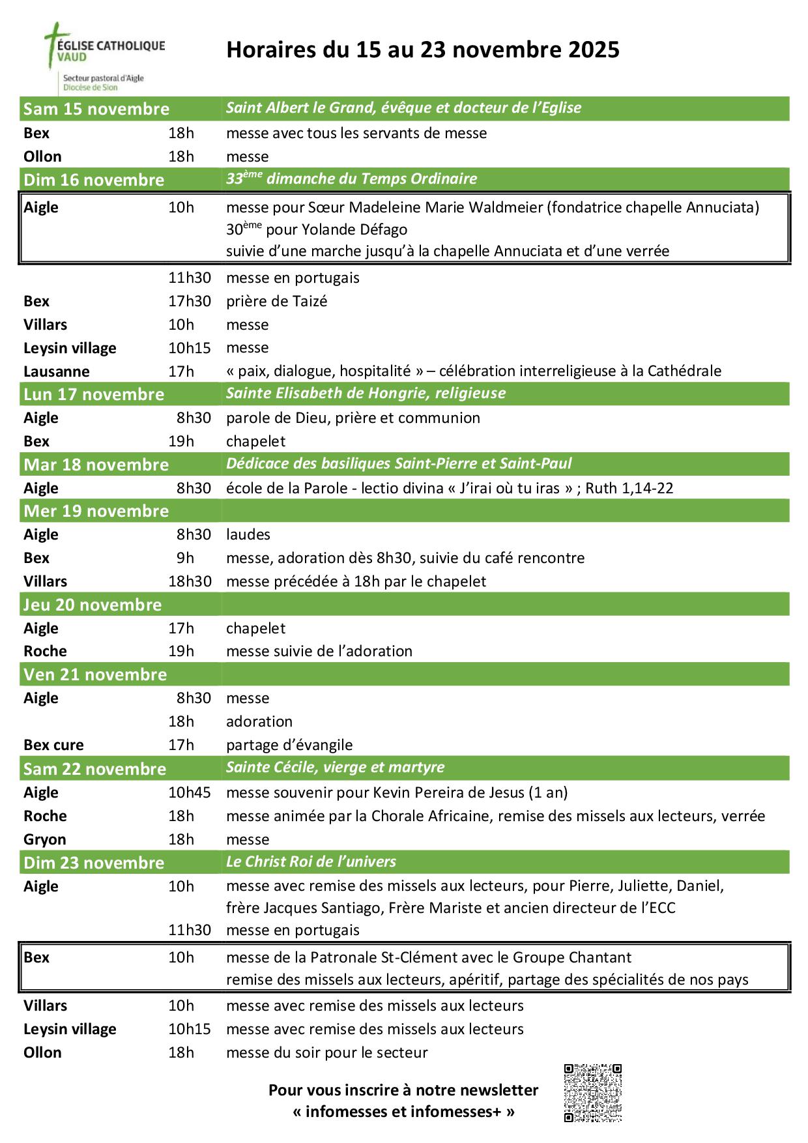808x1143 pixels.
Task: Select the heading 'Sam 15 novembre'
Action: (96, 109)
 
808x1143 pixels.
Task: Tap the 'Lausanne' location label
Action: (57, 371)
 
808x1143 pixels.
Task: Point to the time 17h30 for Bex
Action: (190, 301)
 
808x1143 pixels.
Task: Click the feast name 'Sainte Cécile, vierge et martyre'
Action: (335, 767)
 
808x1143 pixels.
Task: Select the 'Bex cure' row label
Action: (53, 745)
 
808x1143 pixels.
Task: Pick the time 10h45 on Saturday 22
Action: (190, 792)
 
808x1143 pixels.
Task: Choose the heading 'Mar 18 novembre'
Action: (96, 465)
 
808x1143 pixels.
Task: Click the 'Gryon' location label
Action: (45, 839)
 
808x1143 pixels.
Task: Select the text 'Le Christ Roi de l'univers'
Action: (311, 861)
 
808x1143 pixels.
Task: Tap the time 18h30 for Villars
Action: (190, 581)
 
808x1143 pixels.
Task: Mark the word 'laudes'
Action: (248, 534)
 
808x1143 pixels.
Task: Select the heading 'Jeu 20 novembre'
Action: (93, 605)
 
